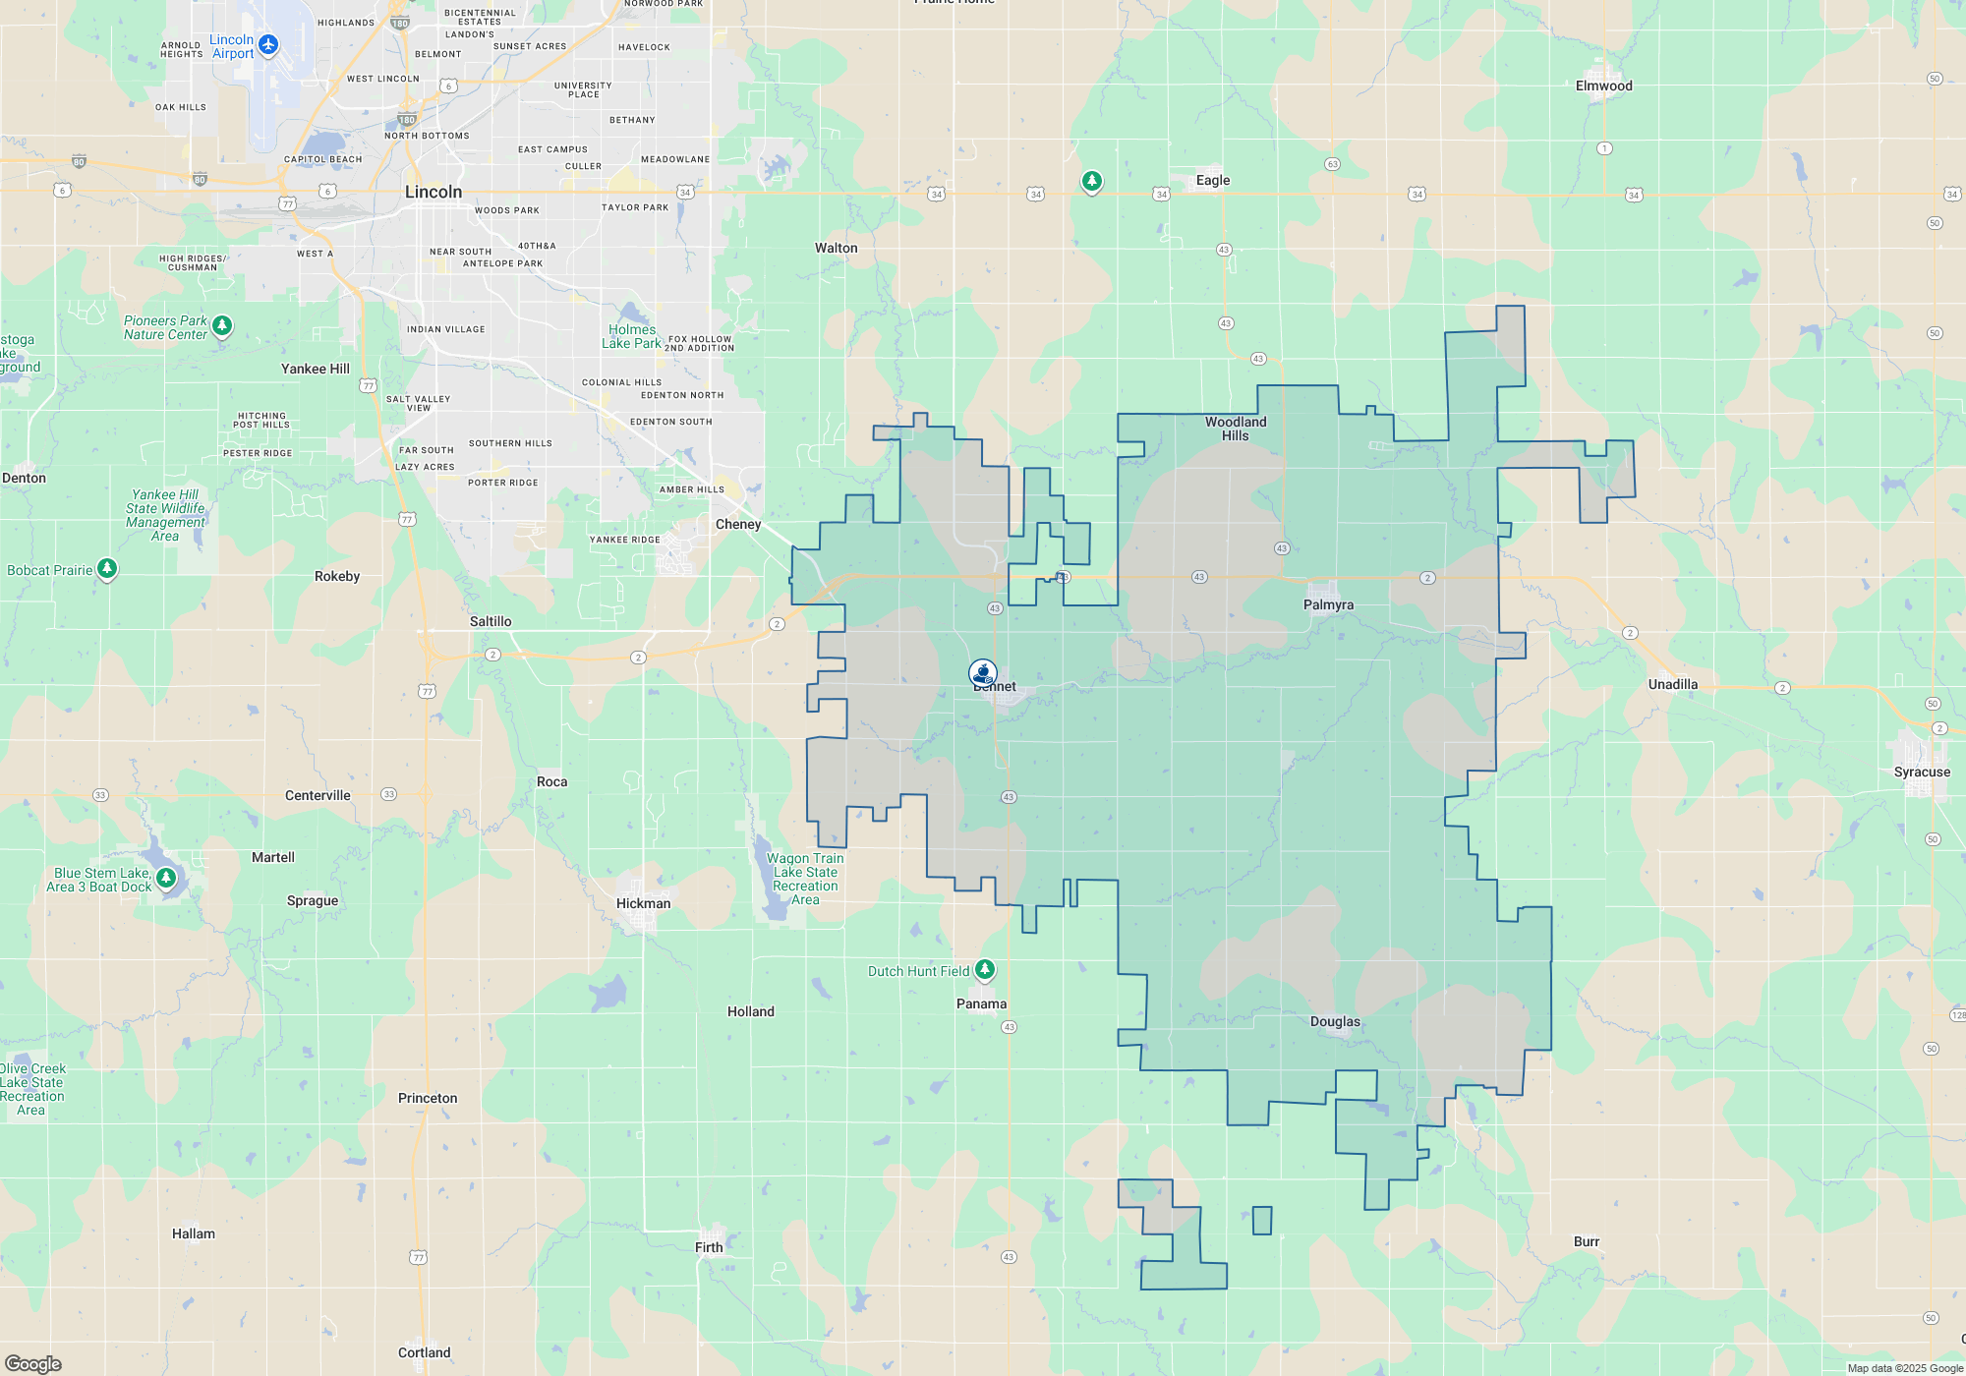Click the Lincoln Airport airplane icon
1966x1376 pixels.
click(268, 45)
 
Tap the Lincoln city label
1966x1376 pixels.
click(434, 192)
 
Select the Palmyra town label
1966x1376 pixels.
click(1328, 604)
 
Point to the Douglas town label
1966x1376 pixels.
click(1335, 1021)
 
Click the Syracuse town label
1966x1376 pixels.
click(1922, 772)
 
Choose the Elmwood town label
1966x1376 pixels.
click(1603, 86)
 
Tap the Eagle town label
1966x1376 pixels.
click(1213, 180)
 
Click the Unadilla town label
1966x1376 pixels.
click(1672, 684)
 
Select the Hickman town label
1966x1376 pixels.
click(643, 903)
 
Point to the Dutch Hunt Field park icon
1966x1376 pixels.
click(984, 969)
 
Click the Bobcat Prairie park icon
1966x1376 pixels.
click(107, 569)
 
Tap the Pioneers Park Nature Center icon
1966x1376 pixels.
click(222, 325)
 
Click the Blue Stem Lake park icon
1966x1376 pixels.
click(166, 877)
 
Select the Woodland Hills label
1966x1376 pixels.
click(1236, 429)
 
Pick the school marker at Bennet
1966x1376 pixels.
click(982, 673)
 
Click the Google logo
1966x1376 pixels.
click(33, 1363)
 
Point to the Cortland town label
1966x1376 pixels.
click(424, 1352)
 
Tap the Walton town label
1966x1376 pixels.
click(836, 248)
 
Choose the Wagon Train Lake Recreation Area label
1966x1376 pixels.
click(805, 879)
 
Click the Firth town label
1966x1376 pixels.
click(709, 1247)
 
